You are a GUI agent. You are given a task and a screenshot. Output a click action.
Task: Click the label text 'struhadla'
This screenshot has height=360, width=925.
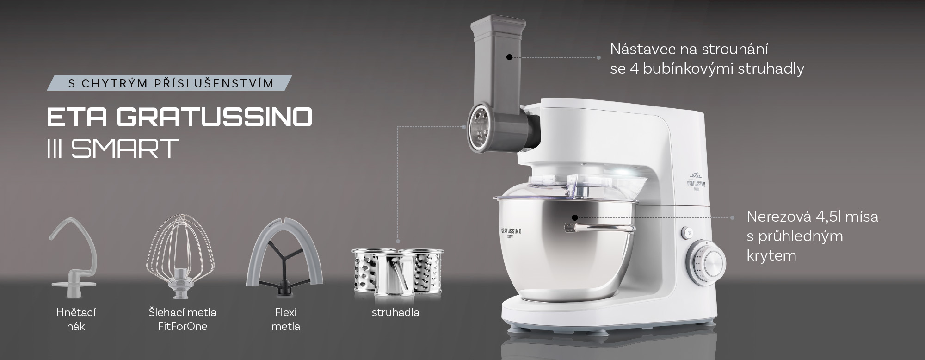pos(395,312)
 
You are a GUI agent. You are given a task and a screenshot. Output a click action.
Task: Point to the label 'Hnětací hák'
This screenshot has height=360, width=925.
pos(76,319)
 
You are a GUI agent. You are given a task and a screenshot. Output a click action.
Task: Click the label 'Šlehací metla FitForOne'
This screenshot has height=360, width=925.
pos(183,319)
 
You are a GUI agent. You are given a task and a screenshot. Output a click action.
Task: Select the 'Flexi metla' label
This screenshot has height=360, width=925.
pos(285,319)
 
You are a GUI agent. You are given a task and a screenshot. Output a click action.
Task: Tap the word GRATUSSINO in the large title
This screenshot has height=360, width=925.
pos(214,118)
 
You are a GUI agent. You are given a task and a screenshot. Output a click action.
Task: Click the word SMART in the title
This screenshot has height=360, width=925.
pos(125,148)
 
